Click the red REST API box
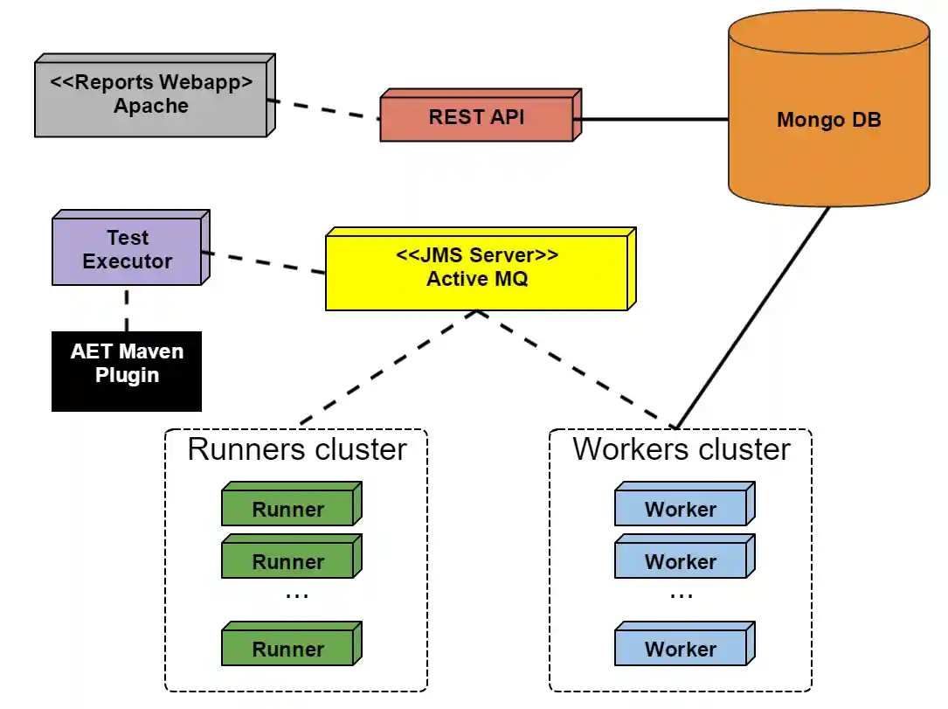coord(477,117)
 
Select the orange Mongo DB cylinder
coord(828,120)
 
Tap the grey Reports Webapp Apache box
coord(150,96)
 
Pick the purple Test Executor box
coord(128,250)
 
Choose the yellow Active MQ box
coord(477,268)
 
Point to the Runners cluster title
coord(297,449)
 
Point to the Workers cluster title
coord(681,449)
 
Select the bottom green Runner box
coord(288,648)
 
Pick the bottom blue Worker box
coord(681,648)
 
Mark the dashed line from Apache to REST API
coord(323,108)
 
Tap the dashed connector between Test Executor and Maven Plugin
coord(127,308)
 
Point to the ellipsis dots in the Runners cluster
coord(297,595)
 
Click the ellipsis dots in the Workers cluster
coord(681,595)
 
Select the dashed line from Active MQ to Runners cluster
coord(389,367)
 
